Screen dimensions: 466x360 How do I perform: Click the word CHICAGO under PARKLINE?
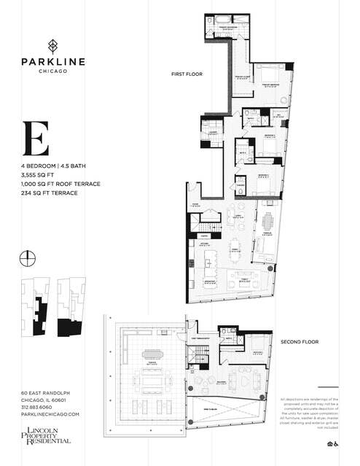[x=51, y=70]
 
